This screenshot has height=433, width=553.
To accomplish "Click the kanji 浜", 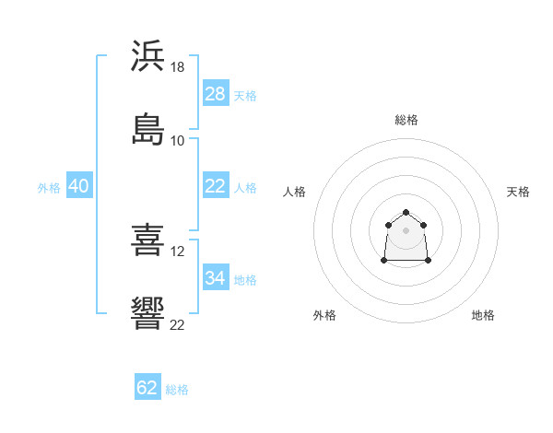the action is pos(147,55).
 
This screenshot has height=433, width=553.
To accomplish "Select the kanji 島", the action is pos(147,129).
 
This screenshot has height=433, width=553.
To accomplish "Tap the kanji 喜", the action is pos(147,240).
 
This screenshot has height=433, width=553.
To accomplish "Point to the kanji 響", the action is pos(147,313).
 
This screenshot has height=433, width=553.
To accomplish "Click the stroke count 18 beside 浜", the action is pos(177,67).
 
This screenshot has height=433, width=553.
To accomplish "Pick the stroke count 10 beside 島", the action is pos(177,141).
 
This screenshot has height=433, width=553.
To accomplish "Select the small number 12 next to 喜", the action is pos(177,252).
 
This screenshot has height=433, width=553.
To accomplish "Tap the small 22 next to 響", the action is pos(177,325).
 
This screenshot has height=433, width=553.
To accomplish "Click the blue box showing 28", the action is pos(216,93).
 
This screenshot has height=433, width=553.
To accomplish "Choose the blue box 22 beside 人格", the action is pos(216,185).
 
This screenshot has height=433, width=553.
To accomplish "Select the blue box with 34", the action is pos(216,276).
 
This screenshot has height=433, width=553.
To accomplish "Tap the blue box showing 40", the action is pos(79,185).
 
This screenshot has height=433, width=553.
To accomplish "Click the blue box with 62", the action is pos(147,386).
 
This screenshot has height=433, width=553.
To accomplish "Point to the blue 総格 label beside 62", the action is pos(177,390).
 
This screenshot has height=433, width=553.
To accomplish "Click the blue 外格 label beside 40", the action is pos(49,188).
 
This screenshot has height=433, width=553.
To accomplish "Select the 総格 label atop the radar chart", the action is pos(406,120).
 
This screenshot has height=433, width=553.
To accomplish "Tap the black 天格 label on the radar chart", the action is pos(518,192).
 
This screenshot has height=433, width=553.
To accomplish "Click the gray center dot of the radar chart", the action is pos(406,230).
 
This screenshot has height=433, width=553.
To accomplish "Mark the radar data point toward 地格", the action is pos(428,261).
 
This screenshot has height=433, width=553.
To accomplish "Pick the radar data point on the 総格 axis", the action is pos(406,212).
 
